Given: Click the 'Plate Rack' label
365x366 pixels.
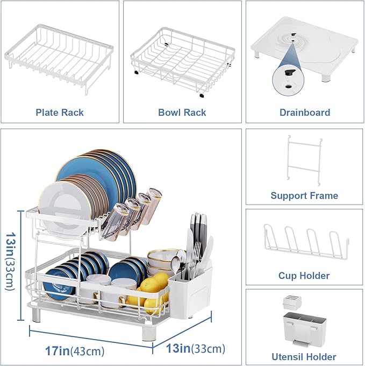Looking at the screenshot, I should (60, 112).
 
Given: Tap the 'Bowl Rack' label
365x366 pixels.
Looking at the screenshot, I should (182, 112).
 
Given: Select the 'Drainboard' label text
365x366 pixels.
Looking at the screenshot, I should (305, 112).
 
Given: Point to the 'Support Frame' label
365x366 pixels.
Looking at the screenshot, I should (304, 195).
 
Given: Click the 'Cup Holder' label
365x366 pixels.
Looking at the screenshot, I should (304, 276).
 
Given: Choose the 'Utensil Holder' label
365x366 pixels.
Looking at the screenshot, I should (304, 356).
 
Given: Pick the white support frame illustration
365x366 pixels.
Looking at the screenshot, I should (305, 159).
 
